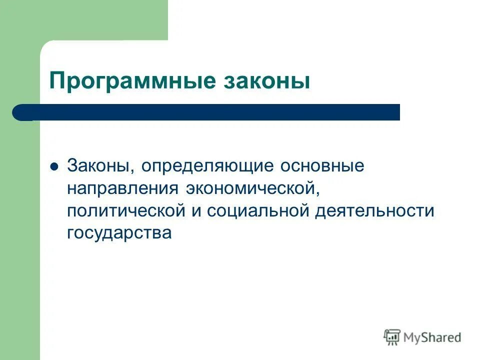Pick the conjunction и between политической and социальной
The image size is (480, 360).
(195, 211)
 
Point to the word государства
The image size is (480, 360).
(119, 233)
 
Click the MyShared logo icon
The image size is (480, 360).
(392, 337)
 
